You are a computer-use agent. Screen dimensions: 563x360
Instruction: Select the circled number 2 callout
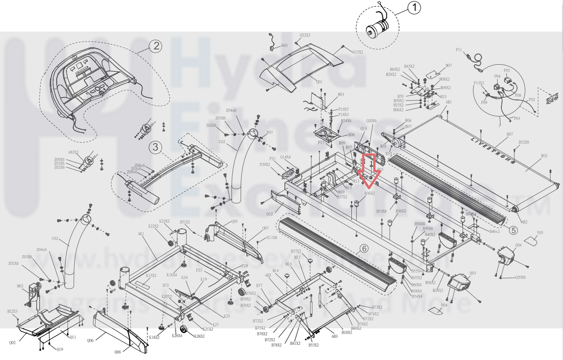tap(155, 46)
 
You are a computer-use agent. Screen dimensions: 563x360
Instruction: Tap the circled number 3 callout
tap(155, 146)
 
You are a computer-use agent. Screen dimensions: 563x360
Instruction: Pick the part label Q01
tap(319, 82)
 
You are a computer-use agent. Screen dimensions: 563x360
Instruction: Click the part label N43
tap(284, 46)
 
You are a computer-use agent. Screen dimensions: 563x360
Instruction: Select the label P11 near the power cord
tap(459, 50)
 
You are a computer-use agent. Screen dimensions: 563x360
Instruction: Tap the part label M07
tap(449, 66)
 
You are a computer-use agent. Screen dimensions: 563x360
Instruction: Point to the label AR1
tap(449, 102)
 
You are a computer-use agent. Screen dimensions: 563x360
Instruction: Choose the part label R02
tap(544, 156)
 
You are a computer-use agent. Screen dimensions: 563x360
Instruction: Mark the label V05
tap(540, 233)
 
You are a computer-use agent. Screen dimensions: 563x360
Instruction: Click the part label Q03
tap(473, 273)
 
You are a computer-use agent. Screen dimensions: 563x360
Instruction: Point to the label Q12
tap(269, 214)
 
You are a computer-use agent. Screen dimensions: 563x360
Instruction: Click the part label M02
tap(20, 286)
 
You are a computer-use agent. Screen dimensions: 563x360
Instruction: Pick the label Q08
tap(118, 352)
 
